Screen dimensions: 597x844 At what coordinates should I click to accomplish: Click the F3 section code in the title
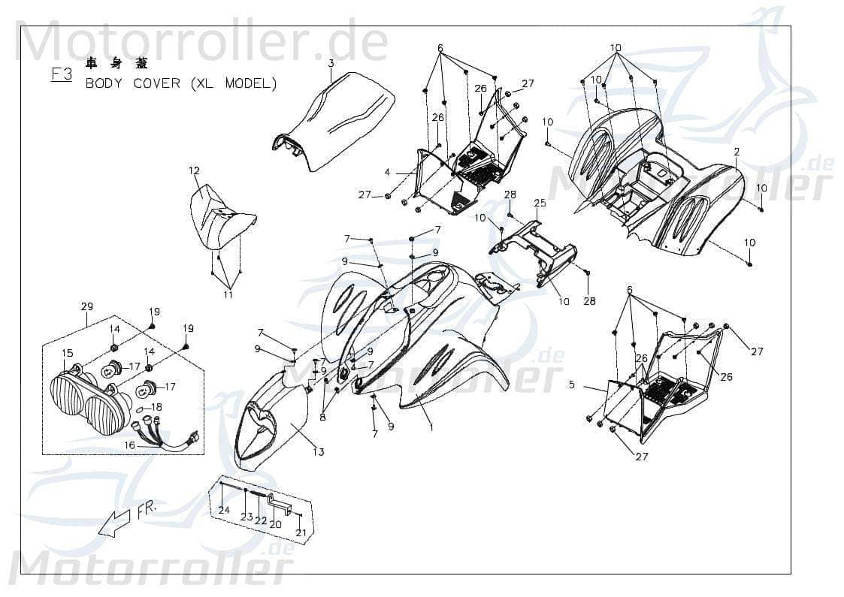click(x=62, y=74)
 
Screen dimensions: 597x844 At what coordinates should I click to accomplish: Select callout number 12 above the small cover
click(x=194, y=171)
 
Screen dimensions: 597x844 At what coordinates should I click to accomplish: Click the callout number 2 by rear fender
click(x=737, y=151)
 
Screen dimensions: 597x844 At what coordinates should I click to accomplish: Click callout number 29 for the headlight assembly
click(x=86, y=306)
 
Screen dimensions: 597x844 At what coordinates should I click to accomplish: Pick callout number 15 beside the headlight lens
click(x=67, y=353)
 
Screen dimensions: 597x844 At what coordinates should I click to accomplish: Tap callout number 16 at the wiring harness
click(x=129, y=445)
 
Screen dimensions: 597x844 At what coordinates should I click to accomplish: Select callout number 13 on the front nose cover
click(x=319, y=451)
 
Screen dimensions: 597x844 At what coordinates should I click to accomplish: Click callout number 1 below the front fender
click(x=431, y=427)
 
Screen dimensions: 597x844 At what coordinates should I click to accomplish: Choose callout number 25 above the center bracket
click(x=561, y=204)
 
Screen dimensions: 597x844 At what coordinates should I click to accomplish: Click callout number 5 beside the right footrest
click(x=571, y=385)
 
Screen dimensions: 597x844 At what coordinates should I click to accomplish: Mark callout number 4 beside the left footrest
click(x=387, y=173)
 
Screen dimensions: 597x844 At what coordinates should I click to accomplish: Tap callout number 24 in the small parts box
click(x=224, y=511)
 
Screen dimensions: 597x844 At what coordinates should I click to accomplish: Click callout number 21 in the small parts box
click(x=301, y=532)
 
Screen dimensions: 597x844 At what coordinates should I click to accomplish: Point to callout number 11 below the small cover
click(x=228, y=294)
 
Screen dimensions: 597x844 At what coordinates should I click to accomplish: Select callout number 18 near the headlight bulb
click(x=156, y=407)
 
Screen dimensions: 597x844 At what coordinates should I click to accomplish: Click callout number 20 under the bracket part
click(x=275, y=524)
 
